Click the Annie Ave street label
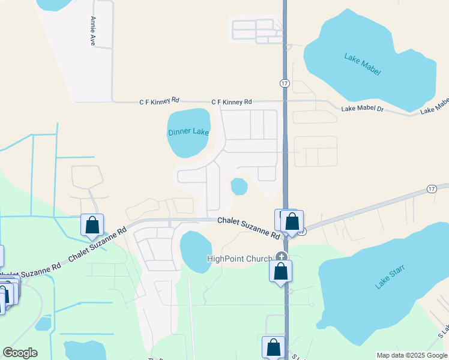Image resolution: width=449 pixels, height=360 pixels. click(x=93, y=32)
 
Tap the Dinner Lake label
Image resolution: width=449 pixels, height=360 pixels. click(x=188, y=132)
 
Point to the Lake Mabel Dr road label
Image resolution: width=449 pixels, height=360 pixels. click(x=362, y=109)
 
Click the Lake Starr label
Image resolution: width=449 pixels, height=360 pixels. click(x=388, y=277)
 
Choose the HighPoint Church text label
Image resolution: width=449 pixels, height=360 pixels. click(x=239, y=259)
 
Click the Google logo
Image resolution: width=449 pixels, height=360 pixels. click(x=20, y=352)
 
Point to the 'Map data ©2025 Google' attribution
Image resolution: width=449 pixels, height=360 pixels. click(x=411, y=355)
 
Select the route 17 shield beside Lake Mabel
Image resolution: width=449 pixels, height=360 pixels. click(x=284, y=82)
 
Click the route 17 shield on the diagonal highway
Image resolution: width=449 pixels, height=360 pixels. click(x=431, y=188)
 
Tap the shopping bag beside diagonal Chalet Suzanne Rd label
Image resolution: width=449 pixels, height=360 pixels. click(x=92, y=226)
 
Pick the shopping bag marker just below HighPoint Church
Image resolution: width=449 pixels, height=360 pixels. click(x=280, y=271)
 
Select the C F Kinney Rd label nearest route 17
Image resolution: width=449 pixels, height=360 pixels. click(x=231, y=102)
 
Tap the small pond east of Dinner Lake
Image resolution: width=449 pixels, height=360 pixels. click(x=240, y=187)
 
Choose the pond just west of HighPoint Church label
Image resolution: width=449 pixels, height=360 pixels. click(x=196, y=250)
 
